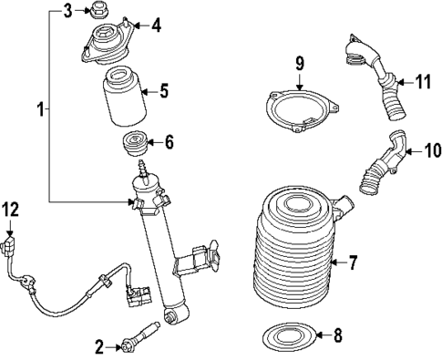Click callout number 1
click(39, 110)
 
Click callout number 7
click(354, 264)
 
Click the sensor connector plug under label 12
click(10, 247)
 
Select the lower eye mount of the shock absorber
click(170, 317)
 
